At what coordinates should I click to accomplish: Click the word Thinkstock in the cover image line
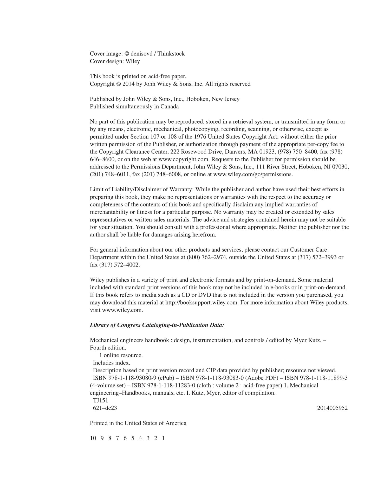tap(171, 54)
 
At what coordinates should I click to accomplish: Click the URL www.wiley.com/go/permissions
tap(252, 174)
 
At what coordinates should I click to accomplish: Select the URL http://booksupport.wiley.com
tap(201, 303)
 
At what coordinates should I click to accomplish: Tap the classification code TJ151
tap(100, 401)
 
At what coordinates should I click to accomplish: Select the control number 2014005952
tap(332, 408)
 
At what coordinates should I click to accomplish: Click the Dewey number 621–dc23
tap(105, 408)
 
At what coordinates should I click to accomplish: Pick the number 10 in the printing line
tap(93, 438)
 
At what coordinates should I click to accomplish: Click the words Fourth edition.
tap(108, 348)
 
